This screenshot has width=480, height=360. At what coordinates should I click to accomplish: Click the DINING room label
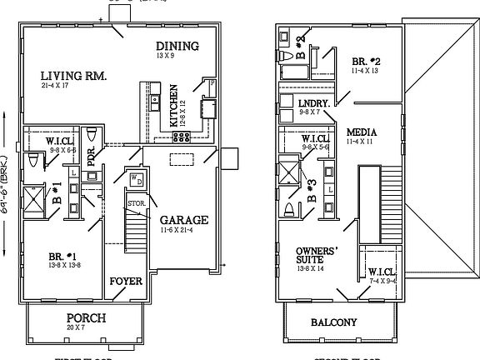[177, 46]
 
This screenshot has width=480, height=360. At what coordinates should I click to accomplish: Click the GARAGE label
[184, 220]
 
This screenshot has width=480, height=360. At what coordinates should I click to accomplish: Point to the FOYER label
[126, 281]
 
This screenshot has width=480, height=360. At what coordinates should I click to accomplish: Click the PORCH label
[85, 319]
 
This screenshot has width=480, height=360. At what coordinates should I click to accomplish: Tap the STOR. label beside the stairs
[137, 202]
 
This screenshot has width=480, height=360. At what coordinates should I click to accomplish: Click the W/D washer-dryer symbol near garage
[135, 178]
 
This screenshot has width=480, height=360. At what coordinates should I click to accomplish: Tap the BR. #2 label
[367, 62]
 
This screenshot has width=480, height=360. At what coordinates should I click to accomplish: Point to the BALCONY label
[333, 322]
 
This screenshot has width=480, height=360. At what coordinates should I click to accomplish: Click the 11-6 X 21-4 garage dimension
[182, 230]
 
